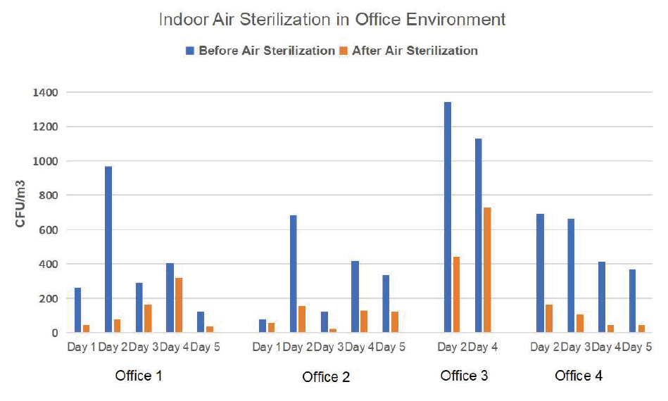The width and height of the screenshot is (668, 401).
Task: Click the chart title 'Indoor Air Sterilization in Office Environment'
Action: [x=332, y=19]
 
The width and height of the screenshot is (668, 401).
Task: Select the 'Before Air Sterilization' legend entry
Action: [x=260, y=51]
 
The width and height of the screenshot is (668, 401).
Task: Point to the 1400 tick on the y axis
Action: [x=49, y=92]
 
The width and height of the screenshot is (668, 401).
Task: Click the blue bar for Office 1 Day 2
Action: [x=108, y=249]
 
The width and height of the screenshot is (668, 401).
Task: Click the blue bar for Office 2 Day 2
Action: [x=293, y=274]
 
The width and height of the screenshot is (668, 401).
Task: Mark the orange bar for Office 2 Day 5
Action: [x=395, y=322]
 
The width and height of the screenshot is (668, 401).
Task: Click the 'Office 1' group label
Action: [x=139, y=376]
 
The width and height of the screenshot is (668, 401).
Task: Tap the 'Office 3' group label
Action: [x=464, y=376]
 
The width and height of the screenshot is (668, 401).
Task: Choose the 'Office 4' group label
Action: [x=579, y=376]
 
